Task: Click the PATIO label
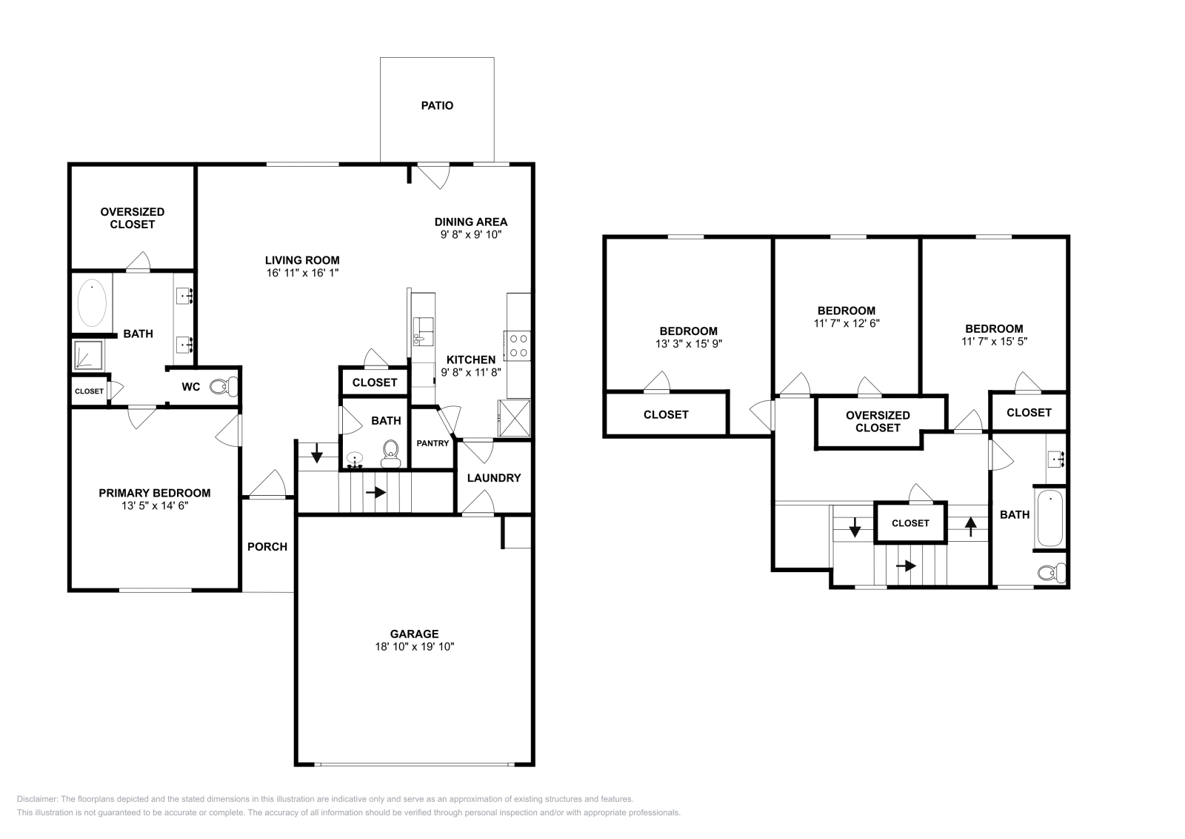tap(437, 106)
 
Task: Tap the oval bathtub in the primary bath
tap(93, 302)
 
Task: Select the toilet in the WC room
tap(223, 386)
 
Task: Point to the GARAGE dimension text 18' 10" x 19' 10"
tap(414, 647)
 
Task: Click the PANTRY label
tap(433, 444)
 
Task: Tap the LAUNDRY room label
tap(493, 478)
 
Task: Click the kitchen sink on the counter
tap(423, 331)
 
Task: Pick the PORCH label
tap(267, 547)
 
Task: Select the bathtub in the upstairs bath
tap(1049, 517)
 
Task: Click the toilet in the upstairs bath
tap(1052, 572)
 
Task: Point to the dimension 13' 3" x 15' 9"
tap(688, 344)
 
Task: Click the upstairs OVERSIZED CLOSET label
tap(878, 422)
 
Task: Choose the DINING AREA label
tap(470, 222)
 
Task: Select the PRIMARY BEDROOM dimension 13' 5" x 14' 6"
tap(155, 505)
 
